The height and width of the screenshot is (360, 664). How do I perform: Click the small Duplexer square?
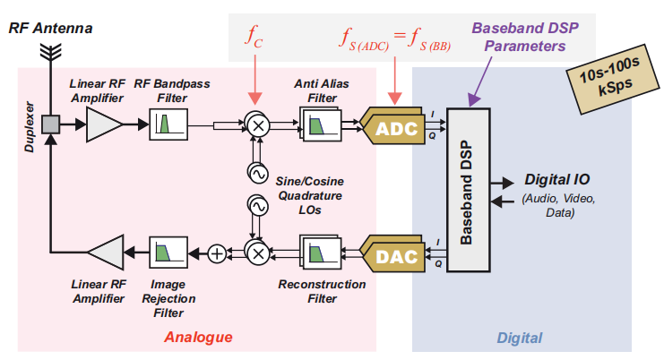click(x=51, y=124)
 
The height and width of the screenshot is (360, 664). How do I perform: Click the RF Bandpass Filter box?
click(x=167, y=124)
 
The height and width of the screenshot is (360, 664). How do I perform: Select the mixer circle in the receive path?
click(x=257, y=125)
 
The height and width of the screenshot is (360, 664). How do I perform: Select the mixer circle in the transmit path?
click(x=257, y=253)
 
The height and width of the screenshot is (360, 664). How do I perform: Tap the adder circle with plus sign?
click(x=216, y=253)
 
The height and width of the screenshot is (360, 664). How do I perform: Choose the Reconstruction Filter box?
click(x=318, y=254)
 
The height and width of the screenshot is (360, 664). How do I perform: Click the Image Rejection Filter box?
click(x=167, y=253)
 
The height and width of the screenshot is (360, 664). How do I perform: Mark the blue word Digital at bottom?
click(x=520, y=338)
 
